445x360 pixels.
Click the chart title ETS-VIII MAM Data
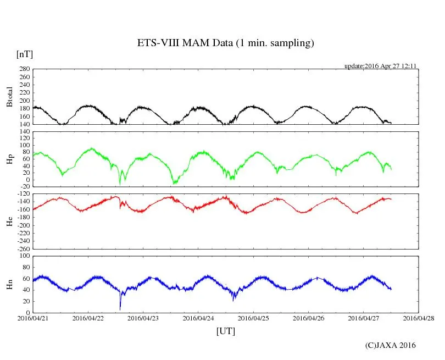225,43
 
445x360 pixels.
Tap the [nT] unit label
25,54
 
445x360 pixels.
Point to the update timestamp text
380,66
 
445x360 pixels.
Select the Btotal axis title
9,97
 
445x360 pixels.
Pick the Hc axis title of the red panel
9,221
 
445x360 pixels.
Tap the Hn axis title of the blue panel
9,284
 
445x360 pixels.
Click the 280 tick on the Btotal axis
24,69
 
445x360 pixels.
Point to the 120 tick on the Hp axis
24,131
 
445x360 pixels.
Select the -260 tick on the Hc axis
22,248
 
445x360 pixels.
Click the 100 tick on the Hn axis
24,256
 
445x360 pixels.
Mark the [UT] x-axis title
225,331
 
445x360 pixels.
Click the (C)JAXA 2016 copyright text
390,345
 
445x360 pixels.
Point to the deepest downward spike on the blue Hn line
120,308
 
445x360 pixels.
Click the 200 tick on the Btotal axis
24,101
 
